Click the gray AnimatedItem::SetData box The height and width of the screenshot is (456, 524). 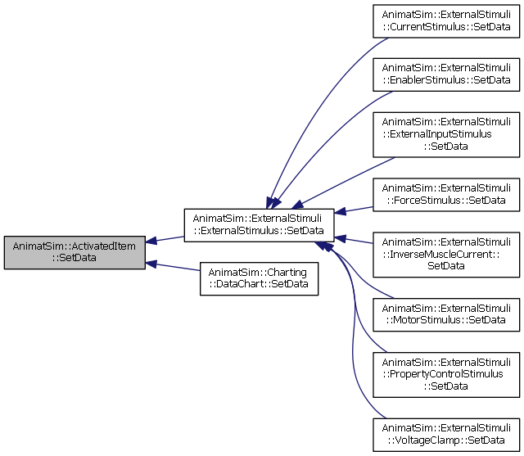coord(75,252)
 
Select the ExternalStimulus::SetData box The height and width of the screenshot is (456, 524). coord(259,225)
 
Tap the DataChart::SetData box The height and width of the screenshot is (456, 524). coord(259,278)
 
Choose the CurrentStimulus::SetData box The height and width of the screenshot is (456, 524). coord(446,21)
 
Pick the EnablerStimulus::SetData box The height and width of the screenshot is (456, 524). coord(446,74)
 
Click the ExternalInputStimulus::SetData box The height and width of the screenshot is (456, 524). coord(446,134)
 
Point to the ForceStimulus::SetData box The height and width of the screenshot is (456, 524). coord(446,194)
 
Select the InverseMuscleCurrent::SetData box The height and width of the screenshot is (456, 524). coord(446,255)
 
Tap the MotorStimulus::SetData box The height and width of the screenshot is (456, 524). coord(446,314)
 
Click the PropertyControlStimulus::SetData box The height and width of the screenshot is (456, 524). coord(446,374)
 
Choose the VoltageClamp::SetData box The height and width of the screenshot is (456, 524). coord(446,435)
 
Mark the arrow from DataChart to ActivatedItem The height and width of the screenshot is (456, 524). coord(173,267)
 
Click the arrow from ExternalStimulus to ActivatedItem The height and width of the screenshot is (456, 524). coord(165,239)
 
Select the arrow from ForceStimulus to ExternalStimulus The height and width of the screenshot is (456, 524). coord(354,210)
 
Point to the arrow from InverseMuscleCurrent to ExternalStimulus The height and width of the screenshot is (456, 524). coord(354,240)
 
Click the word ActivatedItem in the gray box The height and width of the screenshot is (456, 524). coord(104,246)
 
